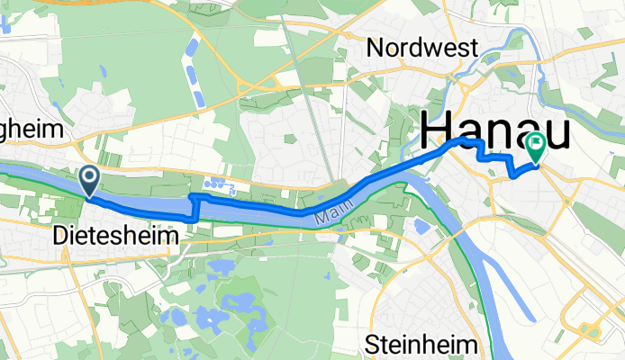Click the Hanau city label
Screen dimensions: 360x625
495,131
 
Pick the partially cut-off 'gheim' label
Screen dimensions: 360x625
33,130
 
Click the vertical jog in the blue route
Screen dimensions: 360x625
195,208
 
